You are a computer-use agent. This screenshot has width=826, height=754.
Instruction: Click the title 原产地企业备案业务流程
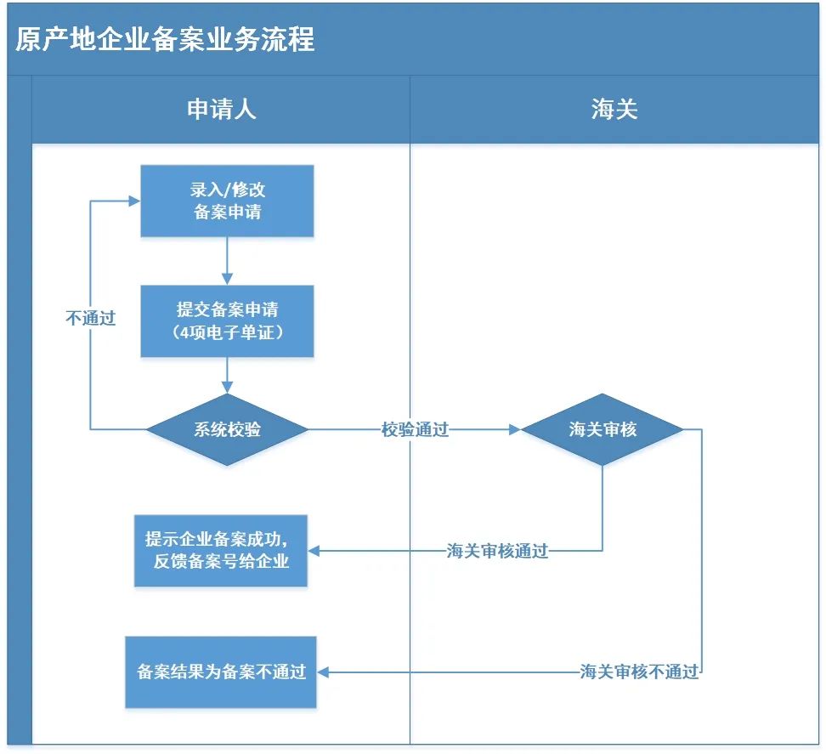click(x=166, y=39)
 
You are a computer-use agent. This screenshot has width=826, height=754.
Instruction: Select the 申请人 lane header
click(x=221, y=109)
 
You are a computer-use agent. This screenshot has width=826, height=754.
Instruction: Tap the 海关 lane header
click(x=614, y=109)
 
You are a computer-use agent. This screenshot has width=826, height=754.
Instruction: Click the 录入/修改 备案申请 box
click(x=227, y=201)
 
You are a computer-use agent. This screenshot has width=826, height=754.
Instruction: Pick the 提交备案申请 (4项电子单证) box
click(x=227, y=320)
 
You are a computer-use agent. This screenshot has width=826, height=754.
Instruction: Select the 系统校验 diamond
click(x=227, y=430)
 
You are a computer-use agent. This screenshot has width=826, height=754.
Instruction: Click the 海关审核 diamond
click(x=603, y=430)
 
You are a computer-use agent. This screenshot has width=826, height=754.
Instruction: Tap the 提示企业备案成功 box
click(x=221, y=550)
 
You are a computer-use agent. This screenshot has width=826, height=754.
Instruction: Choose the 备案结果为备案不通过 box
click(x=221, y=672)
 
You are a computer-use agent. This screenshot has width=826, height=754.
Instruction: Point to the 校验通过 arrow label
click(x=415, y=430)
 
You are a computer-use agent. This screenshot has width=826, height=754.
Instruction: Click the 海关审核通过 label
click(x=498, y=552)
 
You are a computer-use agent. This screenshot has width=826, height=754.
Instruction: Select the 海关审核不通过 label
click(x=639, y=672)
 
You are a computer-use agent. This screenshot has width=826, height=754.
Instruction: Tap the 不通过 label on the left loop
click(x=90, y=319)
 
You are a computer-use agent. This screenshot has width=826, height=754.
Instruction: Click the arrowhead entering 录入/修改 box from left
click(x=134, y=201)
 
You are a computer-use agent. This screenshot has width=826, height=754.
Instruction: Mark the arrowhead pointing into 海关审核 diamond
click(x=514, y=430)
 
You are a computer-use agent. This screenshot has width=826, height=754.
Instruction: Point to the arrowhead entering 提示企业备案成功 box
click(x=314, y=552)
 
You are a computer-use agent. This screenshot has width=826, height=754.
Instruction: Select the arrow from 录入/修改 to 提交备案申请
click(x=227, y=260)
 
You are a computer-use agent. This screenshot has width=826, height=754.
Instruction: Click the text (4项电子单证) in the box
click(x=227, y=332)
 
